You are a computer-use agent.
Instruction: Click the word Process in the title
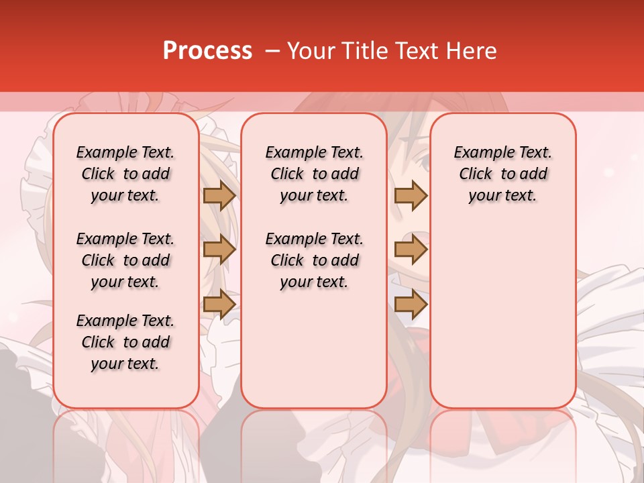tap(207, 51)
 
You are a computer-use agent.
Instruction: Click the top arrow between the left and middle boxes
tap(219, 196)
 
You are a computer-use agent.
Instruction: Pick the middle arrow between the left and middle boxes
tap(219, 250)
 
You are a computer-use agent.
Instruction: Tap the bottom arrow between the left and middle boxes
tap(219, 304)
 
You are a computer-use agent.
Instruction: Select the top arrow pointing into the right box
tap(411, 196)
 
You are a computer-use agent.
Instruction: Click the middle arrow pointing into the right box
tap(411, 250)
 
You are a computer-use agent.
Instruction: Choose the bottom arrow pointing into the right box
tap(411, 304)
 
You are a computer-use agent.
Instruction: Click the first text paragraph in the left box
tap(125, 174)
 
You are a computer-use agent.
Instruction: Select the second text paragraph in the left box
tap(125, 260)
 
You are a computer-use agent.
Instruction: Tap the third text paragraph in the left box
tap(125, 342)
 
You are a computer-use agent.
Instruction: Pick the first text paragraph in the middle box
tap(314, 174)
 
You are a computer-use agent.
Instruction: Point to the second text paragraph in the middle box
tap(314, 260)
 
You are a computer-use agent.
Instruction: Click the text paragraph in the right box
tap(503, 174)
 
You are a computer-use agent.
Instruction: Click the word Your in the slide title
tap(309, 51)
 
